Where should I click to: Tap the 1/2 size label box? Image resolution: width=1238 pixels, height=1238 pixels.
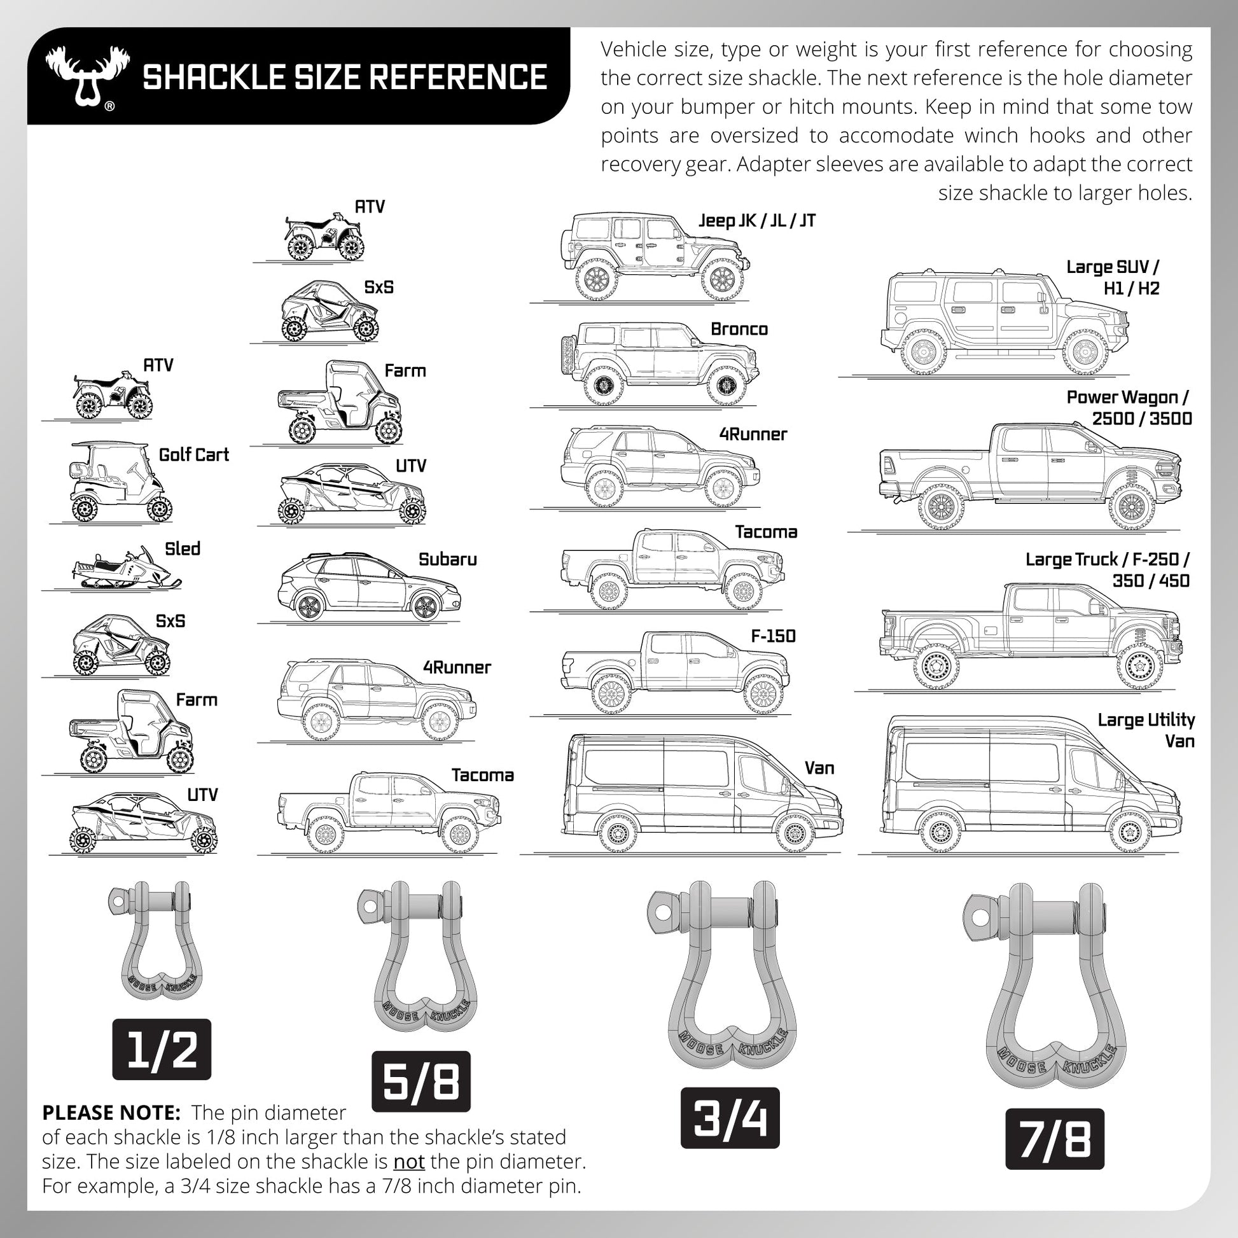162,1049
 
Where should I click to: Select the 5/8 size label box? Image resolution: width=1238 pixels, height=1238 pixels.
421,1081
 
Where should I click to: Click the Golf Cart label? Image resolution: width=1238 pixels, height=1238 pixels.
193,455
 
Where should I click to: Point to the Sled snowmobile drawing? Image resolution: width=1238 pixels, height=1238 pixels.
125,568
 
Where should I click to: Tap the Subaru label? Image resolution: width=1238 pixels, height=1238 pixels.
447,559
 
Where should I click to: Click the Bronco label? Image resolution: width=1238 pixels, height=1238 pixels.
739,329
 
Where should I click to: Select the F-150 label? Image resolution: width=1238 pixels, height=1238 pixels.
773,636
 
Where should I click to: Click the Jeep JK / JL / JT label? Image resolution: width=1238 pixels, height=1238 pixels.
757,221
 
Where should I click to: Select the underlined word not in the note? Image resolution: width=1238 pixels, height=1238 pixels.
409,1161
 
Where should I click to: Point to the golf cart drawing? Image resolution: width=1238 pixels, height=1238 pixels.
118,481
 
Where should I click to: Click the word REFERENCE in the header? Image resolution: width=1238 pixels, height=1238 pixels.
458,77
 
